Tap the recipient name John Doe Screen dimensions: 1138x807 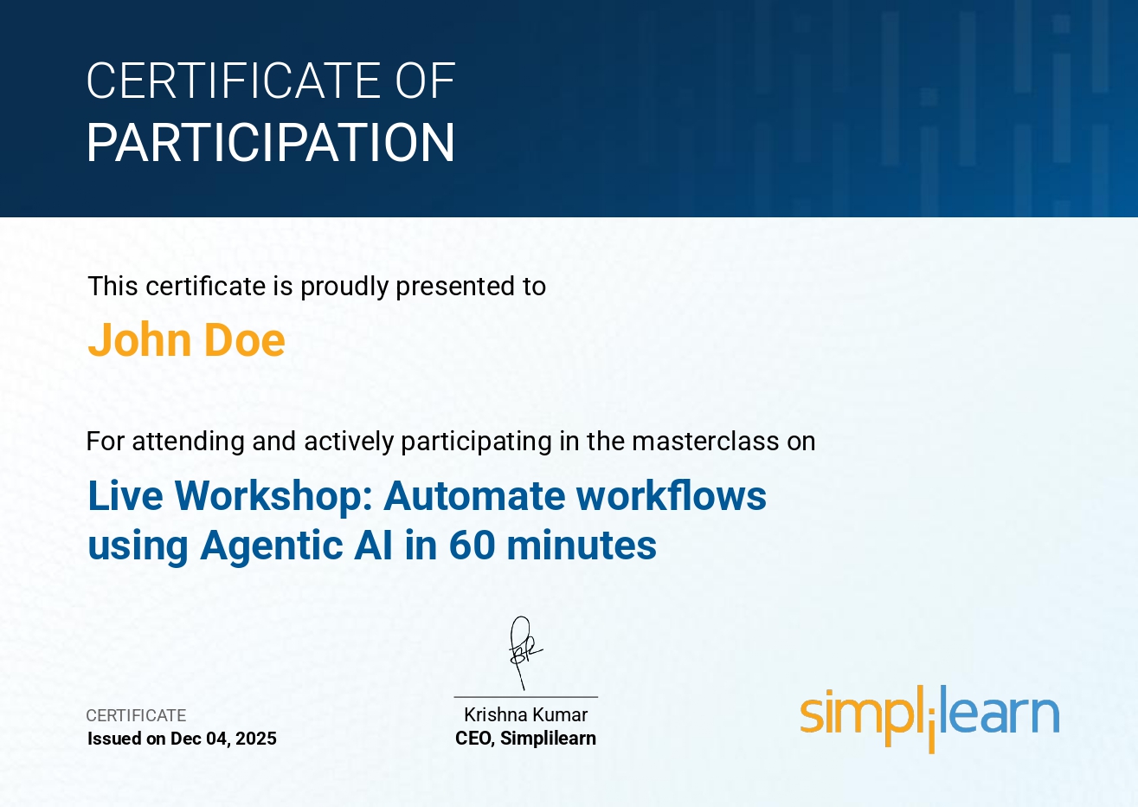click(186, 340)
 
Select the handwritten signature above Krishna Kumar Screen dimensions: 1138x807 click(524, 653)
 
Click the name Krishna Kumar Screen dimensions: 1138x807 click(526, 715)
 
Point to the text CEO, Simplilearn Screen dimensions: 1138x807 click(525, 739)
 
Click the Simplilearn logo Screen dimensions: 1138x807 click(929, 719)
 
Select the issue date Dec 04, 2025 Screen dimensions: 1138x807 click(223, 739)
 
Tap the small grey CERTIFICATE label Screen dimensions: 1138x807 click(136, 715)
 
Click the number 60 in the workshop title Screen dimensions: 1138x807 click(472, 546)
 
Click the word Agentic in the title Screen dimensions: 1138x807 click(272, 546)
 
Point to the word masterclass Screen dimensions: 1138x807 click(705, 441)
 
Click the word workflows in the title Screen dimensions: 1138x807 click(671, 495)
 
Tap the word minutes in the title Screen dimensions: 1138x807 click(582, 546)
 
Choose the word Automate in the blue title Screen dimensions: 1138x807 click(474, 496)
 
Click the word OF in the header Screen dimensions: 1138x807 click(425, 81)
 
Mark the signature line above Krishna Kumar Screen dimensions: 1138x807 click(526, 697)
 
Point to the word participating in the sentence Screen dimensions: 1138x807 click(476, 442)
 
